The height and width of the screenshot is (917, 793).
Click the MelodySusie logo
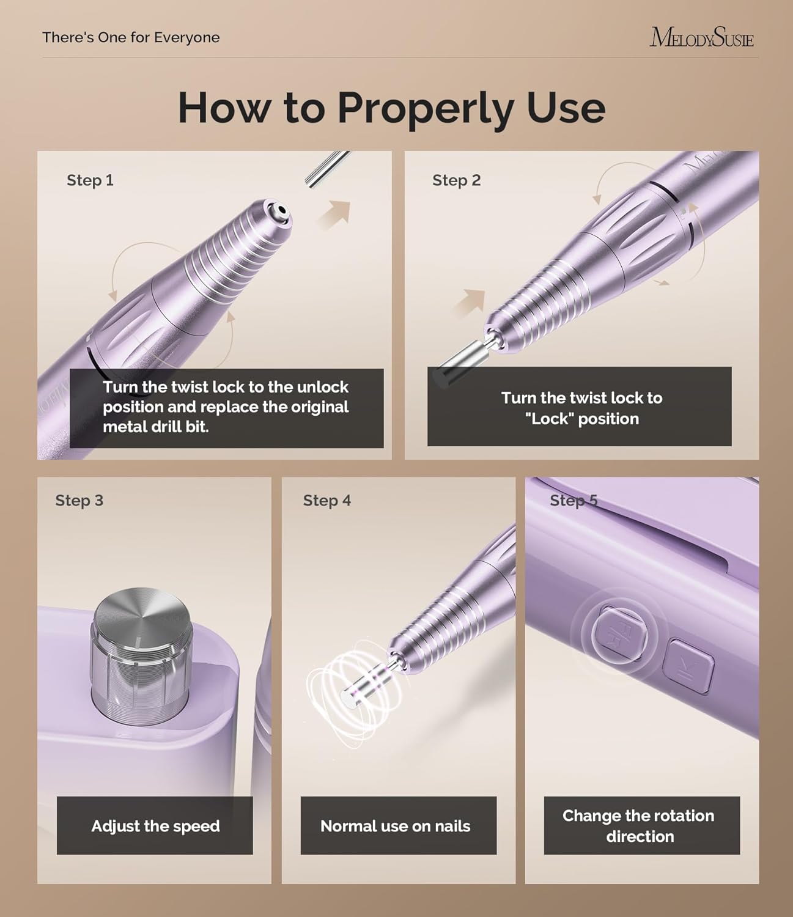[701, 37]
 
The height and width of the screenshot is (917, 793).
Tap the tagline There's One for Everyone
[131, 37]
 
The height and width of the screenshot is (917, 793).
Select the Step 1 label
[90, 180]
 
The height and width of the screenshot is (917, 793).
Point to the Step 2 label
[456, 180]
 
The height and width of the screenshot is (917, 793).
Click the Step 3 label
[79, 501]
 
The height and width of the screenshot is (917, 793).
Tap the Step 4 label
[326, 501]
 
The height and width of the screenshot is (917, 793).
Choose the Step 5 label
[573, 501]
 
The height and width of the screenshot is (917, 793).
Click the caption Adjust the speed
[155, 826]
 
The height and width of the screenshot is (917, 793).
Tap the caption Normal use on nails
[395, 826]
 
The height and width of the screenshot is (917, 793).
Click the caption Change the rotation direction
[639, 825]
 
